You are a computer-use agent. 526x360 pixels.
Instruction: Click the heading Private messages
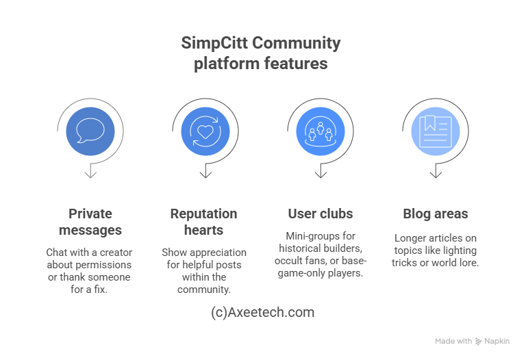click(90, 222)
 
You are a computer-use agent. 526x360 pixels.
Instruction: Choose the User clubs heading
click(321, 214)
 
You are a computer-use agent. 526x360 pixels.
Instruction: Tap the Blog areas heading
click(435, 214)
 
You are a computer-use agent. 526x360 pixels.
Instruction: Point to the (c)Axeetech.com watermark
click(263, 312)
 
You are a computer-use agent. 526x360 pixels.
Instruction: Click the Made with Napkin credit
click(473, 341)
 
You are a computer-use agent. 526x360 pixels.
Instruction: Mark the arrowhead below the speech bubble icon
click(90, 174)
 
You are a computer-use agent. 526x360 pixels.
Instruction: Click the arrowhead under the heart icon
click(205, 174)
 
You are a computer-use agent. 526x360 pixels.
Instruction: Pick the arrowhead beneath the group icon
click(321, 174)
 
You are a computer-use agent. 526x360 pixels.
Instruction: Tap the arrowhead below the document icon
click(435, 174)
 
